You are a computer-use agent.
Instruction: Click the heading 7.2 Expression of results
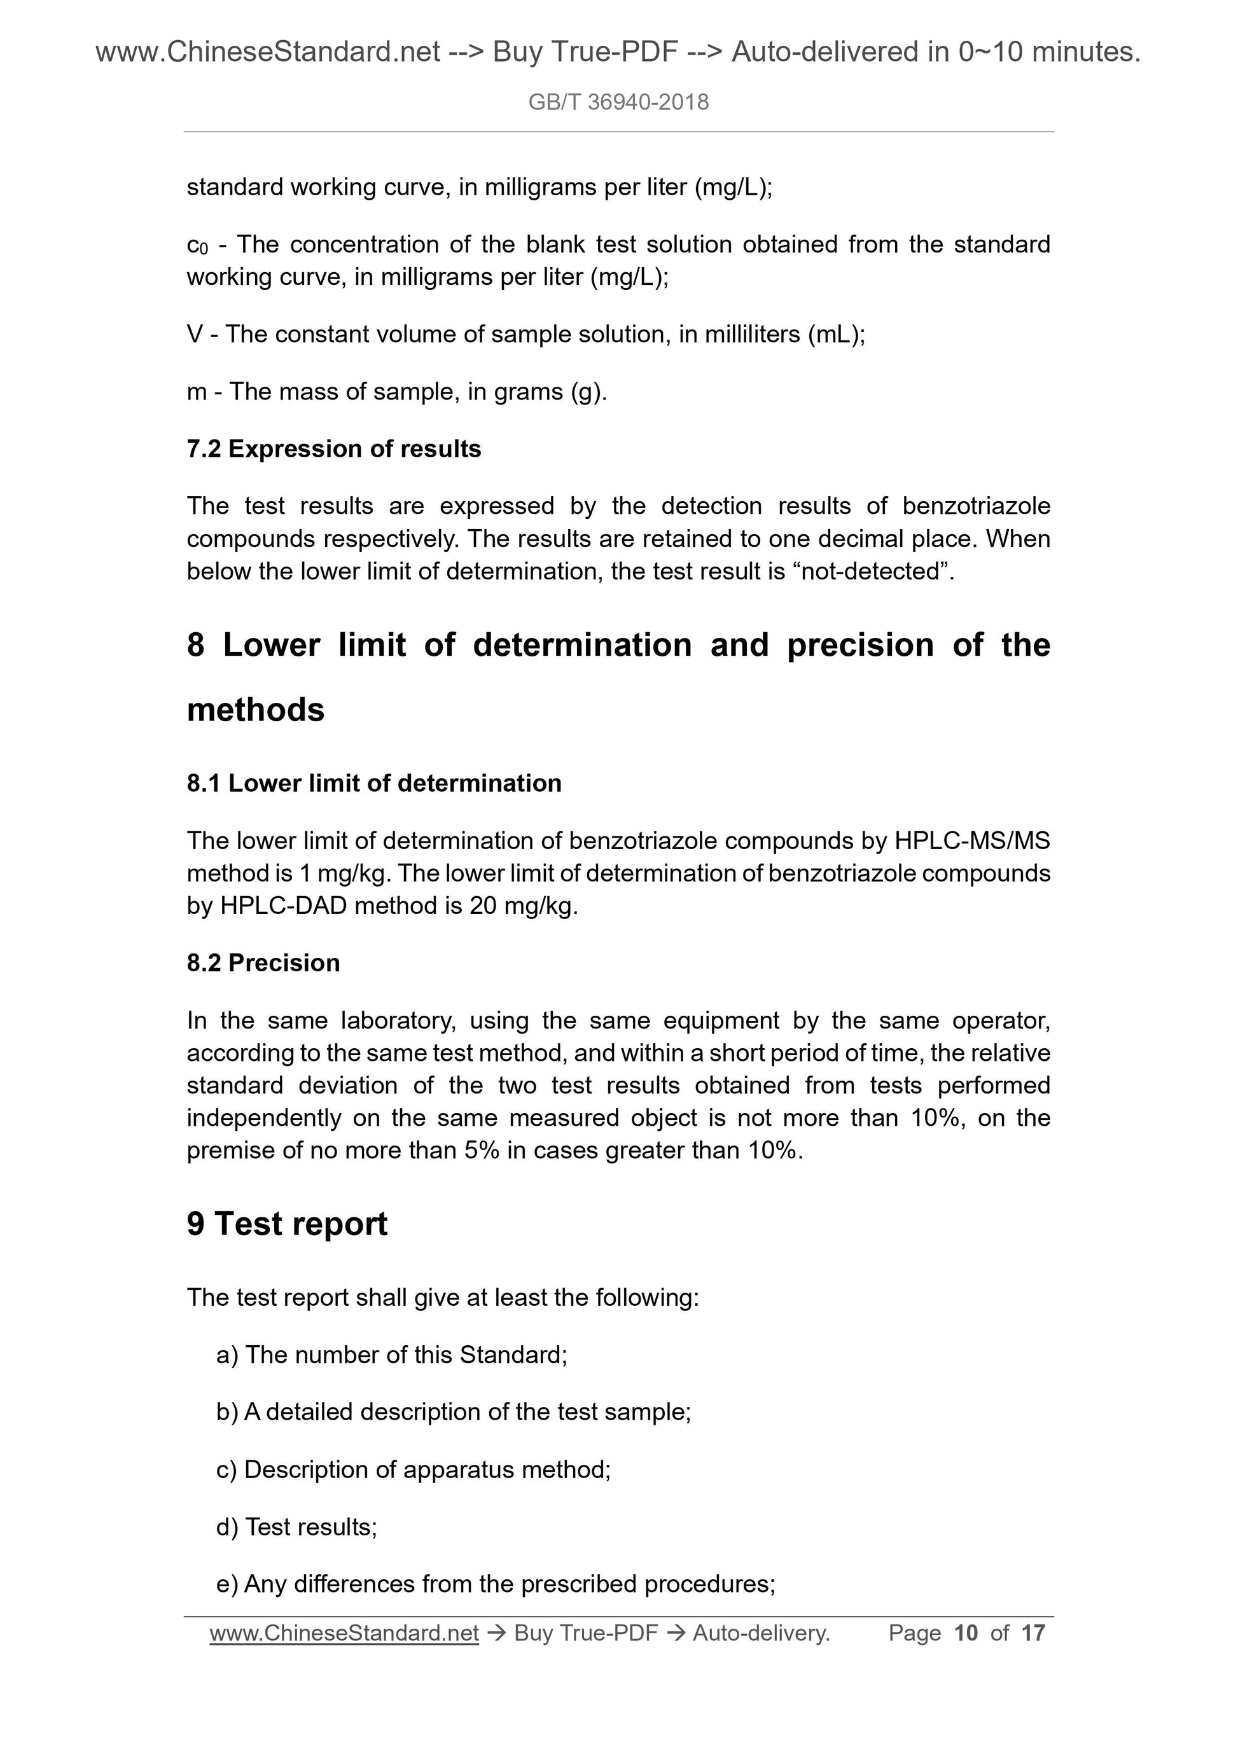coord(333,448)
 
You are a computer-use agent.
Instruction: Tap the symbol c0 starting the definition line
coord(197,245)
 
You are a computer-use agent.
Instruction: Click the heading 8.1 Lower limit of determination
coord(374,782)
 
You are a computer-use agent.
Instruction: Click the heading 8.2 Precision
coord(263,962)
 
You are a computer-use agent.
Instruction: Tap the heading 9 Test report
coord(287,1224)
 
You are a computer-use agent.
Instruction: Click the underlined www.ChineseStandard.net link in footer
coord(344,1633)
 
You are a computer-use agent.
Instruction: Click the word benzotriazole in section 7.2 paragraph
coord(976,506)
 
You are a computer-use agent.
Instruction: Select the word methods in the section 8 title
coord(256,709)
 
